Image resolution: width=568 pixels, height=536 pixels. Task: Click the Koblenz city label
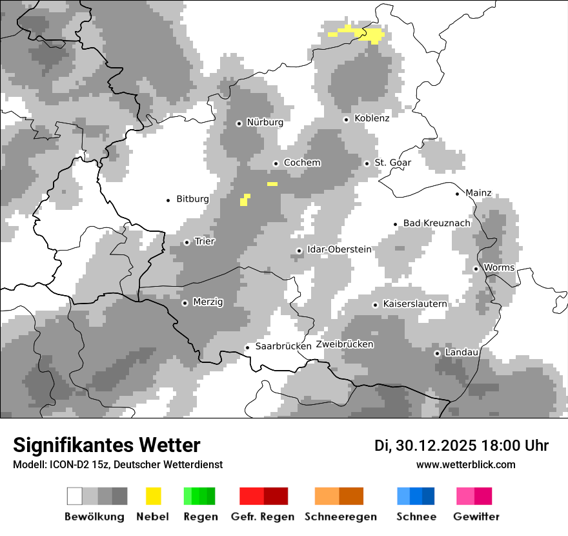pyautogui.click(x=372, y=118)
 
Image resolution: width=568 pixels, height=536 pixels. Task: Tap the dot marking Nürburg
pyautogui.click(x=239, y=123)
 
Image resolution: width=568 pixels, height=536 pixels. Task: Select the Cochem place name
pyautogui.click(x=302, y=163)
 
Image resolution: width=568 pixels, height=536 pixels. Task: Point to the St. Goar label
pyautogui.click(x=393, y=163)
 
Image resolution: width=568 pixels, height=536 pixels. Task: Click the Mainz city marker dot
pyautogui.click(x=458, y=193)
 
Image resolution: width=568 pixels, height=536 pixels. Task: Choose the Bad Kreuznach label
pyautogui.click(x=437, y=223)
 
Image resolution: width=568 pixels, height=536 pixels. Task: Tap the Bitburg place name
pyautogui.click(x=192, y=199)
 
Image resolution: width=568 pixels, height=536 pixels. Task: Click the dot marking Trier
pyautogui.click(x=187, y=242)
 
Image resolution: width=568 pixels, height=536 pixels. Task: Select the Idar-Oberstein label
pyautogui.click(x=340, y=249)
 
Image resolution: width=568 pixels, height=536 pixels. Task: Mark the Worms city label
pyautogui.click(x=499, y=267)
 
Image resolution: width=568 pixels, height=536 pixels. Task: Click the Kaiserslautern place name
pyautogui.click(x=414, y=304)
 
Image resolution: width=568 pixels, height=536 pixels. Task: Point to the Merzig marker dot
pyautogui.click(x=185, y=302)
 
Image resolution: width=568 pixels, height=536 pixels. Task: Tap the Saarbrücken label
pyautogui.click(x=283, y=346)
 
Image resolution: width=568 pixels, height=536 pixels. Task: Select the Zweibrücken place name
pyautogui.click(x=345, y=344)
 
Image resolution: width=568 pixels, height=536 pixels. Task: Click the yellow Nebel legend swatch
pyautogui.click(x=154, y=496)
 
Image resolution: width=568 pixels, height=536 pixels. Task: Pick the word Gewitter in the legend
pyautogui.click(x=476, y=517)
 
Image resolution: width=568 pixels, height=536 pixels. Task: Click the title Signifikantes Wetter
pyautogui.click(x=107, y=445)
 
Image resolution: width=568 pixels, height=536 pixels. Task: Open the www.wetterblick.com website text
pyautogui.click(x=465, y=464)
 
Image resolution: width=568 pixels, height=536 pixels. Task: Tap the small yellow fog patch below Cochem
pyautogui.click(x=272, y=184)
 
